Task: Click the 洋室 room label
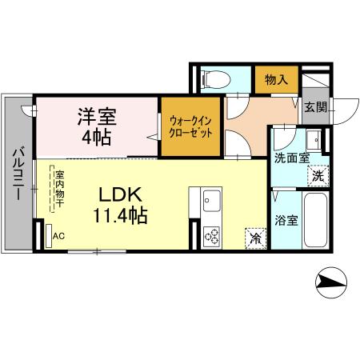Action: [x=97, y=116]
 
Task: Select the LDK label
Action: [x=121, y=194]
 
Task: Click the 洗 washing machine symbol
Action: [x=318, y=175]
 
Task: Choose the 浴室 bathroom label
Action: [x=286, y=218]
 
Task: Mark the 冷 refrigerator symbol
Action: [x=254, y=238]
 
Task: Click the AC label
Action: [x=58, y=237]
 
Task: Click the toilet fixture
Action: [x=214, y=78]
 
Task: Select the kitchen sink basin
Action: [x=213, y=198]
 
